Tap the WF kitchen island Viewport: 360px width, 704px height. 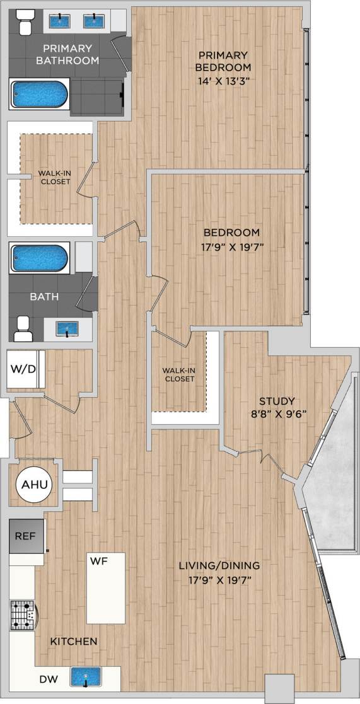[x=105, y=587]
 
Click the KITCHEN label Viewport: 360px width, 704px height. [x=74, y=641]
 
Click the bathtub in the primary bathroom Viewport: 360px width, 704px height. [x=39, y=95]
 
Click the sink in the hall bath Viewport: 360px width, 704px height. [x=66, y=328]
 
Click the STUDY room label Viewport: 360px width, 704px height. [x=277, y=401]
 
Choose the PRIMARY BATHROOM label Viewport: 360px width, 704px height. [x=67, y=54]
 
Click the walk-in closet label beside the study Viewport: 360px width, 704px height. [x=178, y=374]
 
